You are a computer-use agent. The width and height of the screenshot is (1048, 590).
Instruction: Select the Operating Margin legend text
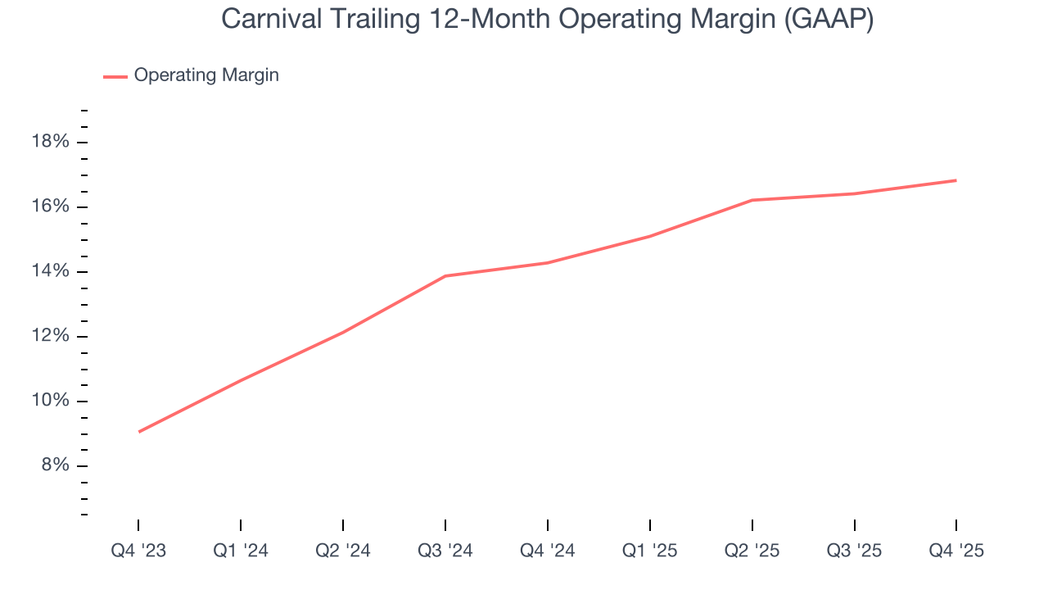coord(206,75)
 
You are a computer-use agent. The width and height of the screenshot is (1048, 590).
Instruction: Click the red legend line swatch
coord(115,76)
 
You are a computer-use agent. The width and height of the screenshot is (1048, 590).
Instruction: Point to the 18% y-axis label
coord(51,142)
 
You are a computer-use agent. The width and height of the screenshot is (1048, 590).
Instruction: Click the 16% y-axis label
coord(51,206)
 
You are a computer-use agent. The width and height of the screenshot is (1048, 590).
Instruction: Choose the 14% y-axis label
coord(51,271)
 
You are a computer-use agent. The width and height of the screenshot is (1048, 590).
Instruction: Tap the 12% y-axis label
coord(51,336)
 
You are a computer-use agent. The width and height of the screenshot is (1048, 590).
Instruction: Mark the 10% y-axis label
coord(51,401)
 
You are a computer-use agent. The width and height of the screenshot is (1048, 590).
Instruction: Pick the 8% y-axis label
coord(55,465)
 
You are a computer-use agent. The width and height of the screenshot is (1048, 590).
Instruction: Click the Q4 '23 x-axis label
coord(138,551)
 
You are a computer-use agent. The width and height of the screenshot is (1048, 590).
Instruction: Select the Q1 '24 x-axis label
coord(241,551)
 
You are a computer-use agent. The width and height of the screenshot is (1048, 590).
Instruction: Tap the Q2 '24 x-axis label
coord(343,551)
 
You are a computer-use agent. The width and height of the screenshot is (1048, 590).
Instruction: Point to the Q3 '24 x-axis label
coord(445,551)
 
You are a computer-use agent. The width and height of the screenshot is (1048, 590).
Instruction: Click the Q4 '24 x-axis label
coord(547,551)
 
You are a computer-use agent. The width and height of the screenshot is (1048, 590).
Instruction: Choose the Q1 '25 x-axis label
coord(649,551)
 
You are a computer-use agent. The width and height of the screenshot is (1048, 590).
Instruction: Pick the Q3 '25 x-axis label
coord(854,551)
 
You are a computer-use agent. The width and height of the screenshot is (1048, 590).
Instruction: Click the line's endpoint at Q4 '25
coord(956,180)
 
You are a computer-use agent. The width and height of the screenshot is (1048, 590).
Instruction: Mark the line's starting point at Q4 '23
coord(139,432)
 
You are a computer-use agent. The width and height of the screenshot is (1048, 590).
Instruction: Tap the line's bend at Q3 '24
coord(445,276)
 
